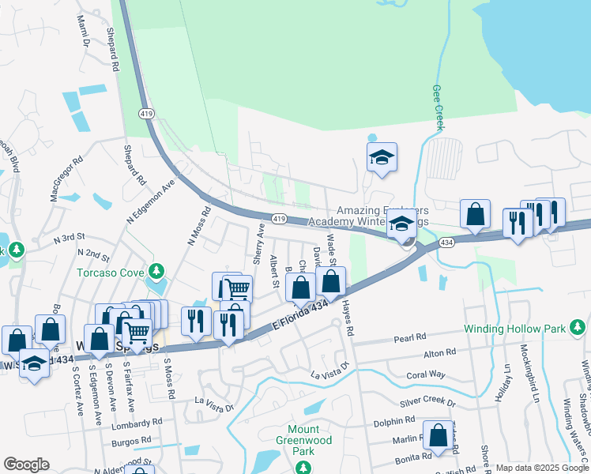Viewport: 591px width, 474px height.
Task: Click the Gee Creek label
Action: point(437,107)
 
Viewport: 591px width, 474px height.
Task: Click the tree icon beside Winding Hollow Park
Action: point(578,325)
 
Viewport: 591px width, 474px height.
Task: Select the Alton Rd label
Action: point(440,352)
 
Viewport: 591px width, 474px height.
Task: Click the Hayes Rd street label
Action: point(346,320)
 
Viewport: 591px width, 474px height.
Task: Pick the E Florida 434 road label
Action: point(299,315)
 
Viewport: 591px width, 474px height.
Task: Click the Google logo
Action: point(25,465)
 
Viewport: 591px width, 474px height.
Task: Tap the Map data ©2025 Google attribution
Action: point(541,468)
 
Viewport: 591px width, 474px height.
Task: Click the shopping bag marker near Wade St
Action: point(331,280)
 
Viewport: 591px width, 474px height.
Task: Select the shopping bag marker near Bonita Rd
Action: point(438,435)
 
